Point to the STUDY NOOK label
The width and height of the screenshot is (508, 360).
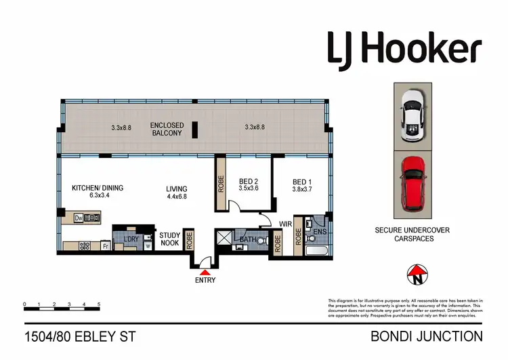(x=170, y=239)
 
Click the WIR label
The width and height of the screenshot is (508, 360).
(x=284, y=222)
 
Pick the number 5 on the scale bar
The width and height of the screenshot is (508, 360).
(x=99, y=304)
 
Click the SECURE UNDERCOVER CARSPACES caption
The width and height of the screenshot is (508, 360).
(x=412, y=235)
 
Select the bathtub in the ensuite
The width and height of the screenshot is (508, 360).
(x=317, y=252)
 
